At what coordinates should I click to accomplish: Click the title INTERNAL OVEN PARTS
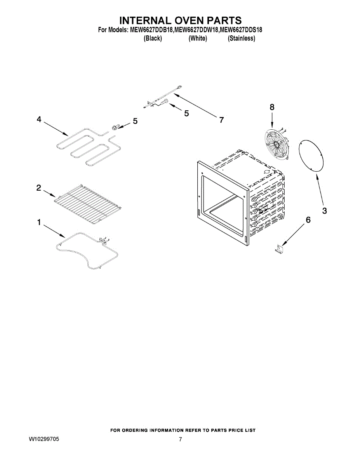[x=180, y=20]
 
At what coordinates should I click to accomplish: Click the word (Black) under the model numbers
[x=153, y=38]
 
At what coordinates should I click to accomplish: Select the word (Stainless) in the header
[x=241, y=38]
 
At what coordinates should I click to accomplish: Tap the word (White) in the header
[x=198, y=38]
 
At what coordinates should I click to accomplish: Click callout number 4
[x=39, y=120]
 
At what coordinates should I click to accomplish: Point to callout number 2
[x=39, y=188]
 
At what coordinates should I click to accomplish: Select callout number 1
[x=39, y=223]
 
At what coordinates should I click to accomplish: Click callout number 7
[x=221, y=120]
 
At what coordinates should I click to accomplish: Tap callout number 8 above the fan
[x=272, y=107]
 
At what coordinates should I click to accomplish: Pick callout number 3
[x=324, y=211]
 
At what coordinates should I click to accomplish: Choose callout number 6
[x=308, y=220]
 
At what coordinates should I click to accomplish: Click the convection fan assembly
[x=277, y=144]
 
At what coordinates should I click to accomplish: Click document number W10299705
[x=44, y=440]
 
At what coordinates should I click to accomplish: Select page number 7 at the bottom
[x=180, y=440]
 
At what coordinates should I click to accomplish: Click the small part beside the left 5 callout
[x=115, y=127]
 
